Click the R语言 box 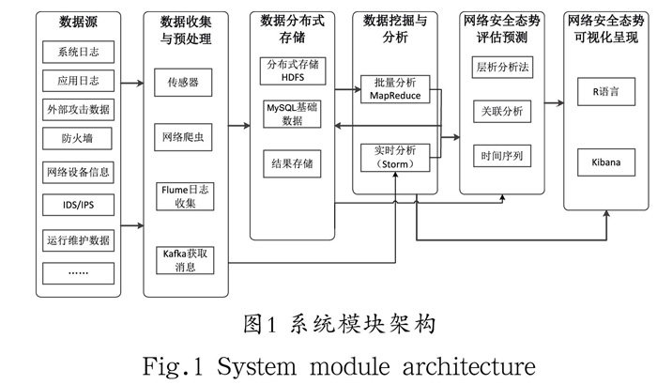pos(606,95)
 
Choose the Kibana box pos(606,162)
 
